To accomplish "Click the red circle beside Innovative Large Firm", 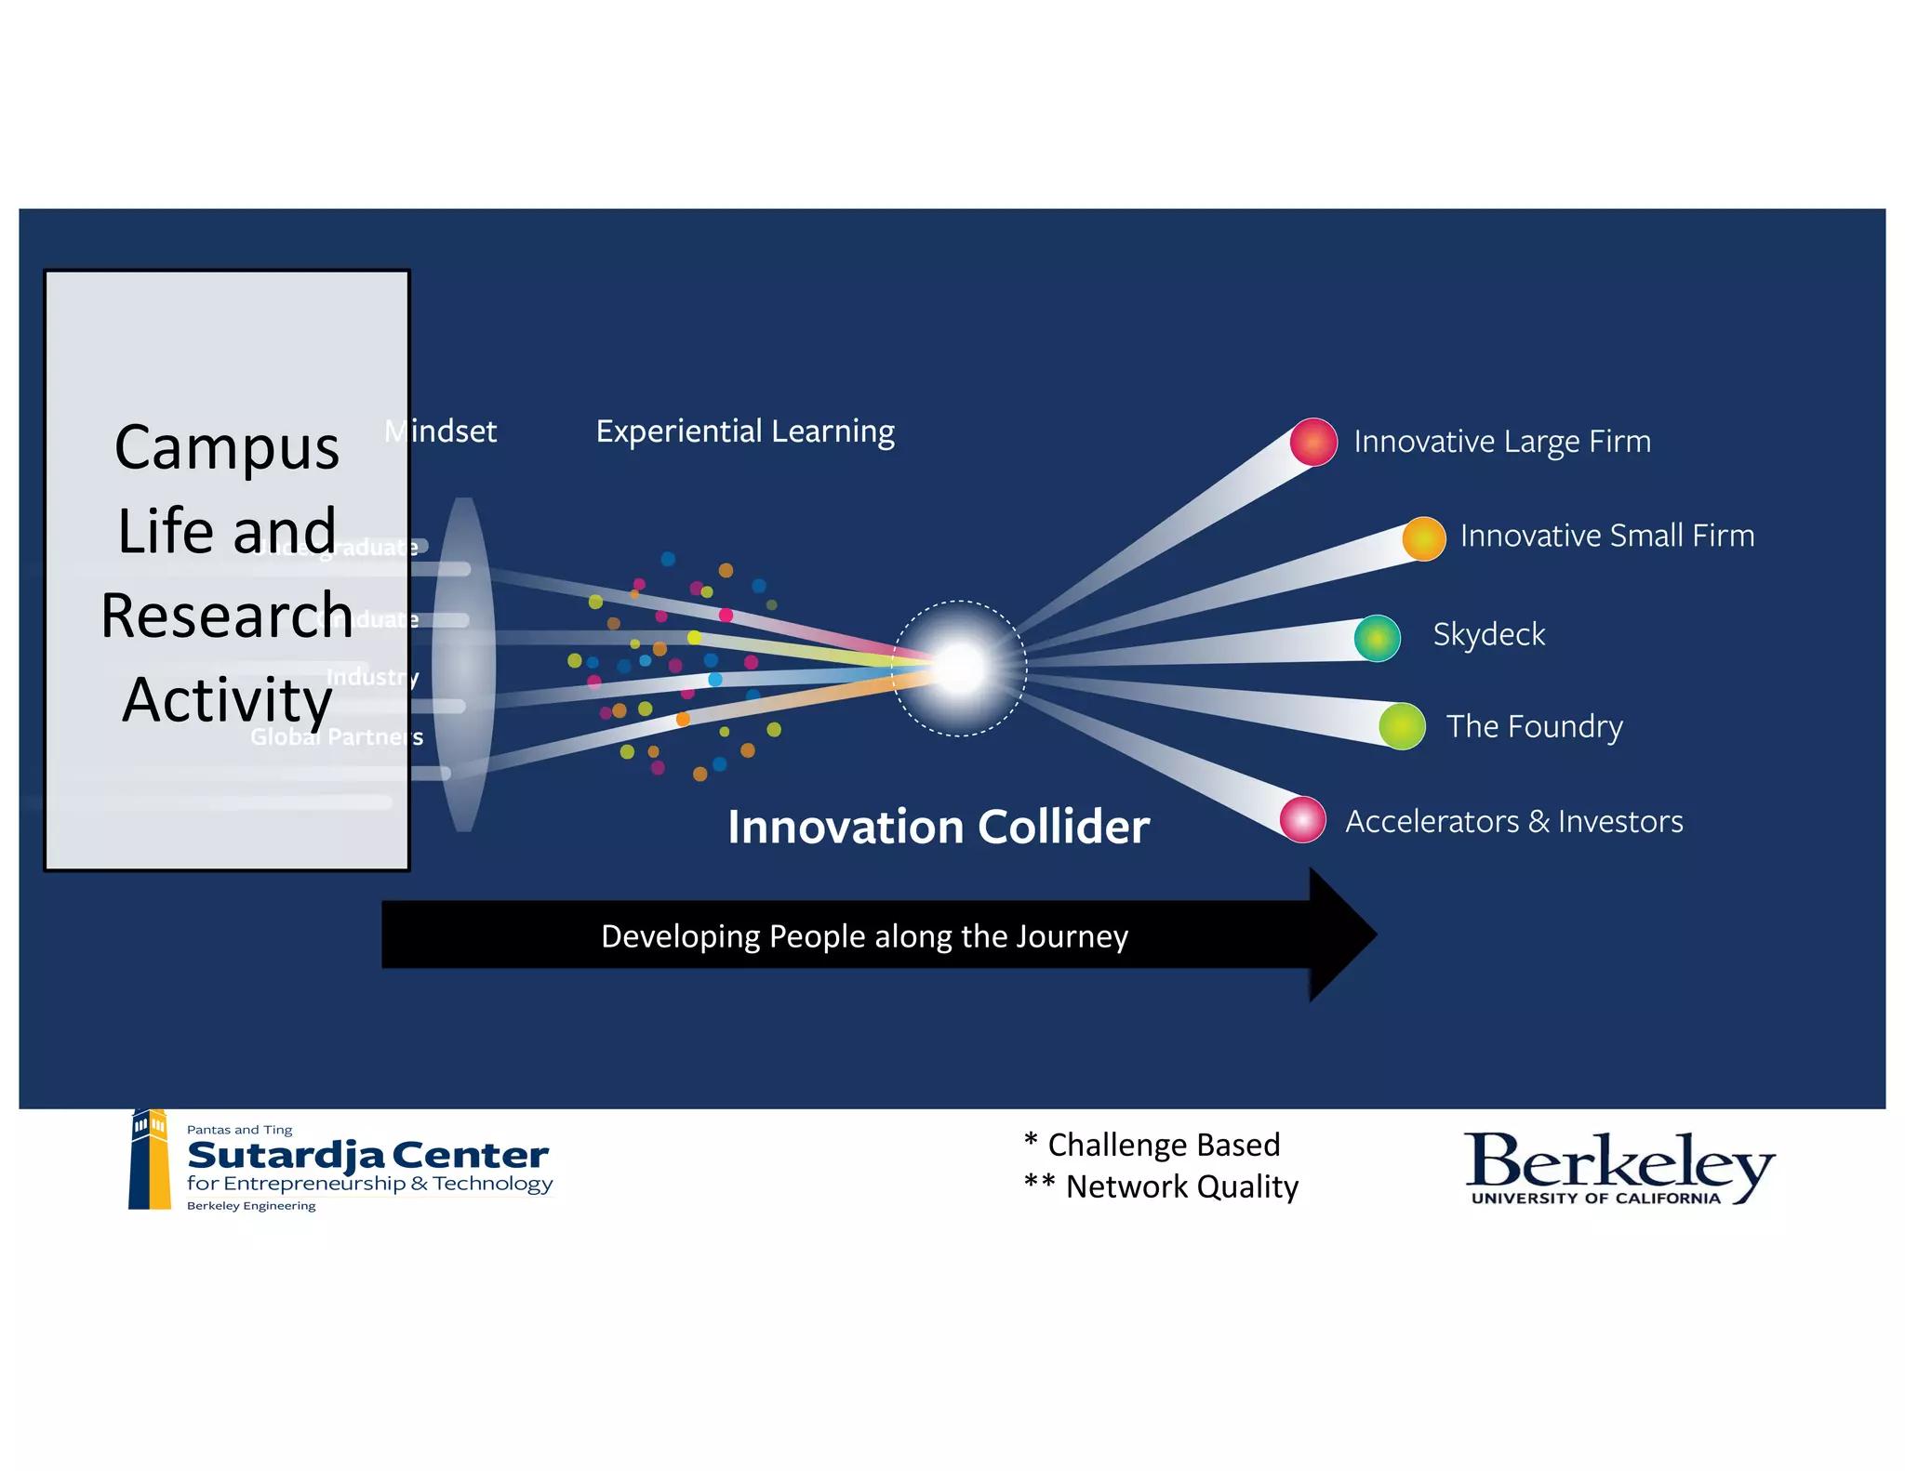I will tap(1312, 442).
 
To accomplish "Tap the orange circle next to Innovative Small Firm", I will tap(1423, 538).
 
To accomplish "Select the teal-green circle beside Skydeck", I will tap(1377, 638).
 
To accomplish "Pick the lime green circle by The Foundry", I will tap(1402, 726).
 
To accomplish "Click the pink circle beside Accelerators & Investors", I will tap(1302, 819).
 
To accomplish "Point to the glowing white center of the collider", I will tap(959, 668).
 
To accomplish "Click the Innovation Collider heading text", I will tap(938, 827).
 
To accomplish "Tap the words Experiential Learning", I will tap(744, 431).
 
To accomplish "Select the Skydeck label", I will tap(1488, 634).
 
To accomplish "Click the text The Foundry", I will tap(1534, 726).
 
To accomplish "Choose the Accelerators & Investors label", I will tap(1513, 821).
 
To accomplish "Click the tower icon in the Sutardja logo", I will tap(150, 1160).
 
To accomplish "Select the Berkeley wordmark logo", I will tap(1619, 1166).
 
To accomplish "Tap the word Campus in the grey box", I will tap(227, 448).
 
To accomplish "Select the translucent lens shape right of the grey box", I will tap(463, 664).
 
